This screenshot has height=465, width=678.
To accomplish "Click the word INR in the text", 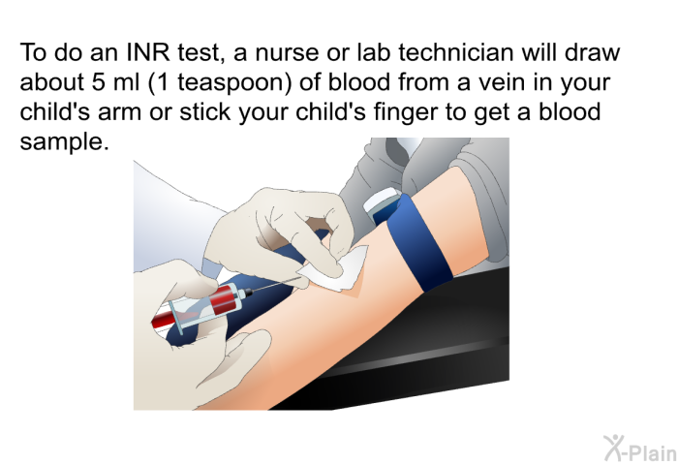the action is point(147,52).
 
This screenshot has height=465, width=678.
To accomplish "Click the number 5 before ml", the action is point(98,82).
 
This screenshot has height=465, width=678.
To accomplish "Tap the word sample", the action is point(61,141).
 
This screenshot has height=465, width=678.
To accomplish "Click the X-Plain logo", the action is point(640,449).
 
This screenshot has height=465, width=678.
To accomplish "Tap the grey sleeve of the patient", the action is point(432,190).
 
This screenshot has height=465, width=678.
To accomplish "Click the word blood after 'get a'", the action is point(570,111).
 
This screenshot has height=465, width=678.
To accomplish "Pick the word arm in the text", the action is point(120,112).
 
